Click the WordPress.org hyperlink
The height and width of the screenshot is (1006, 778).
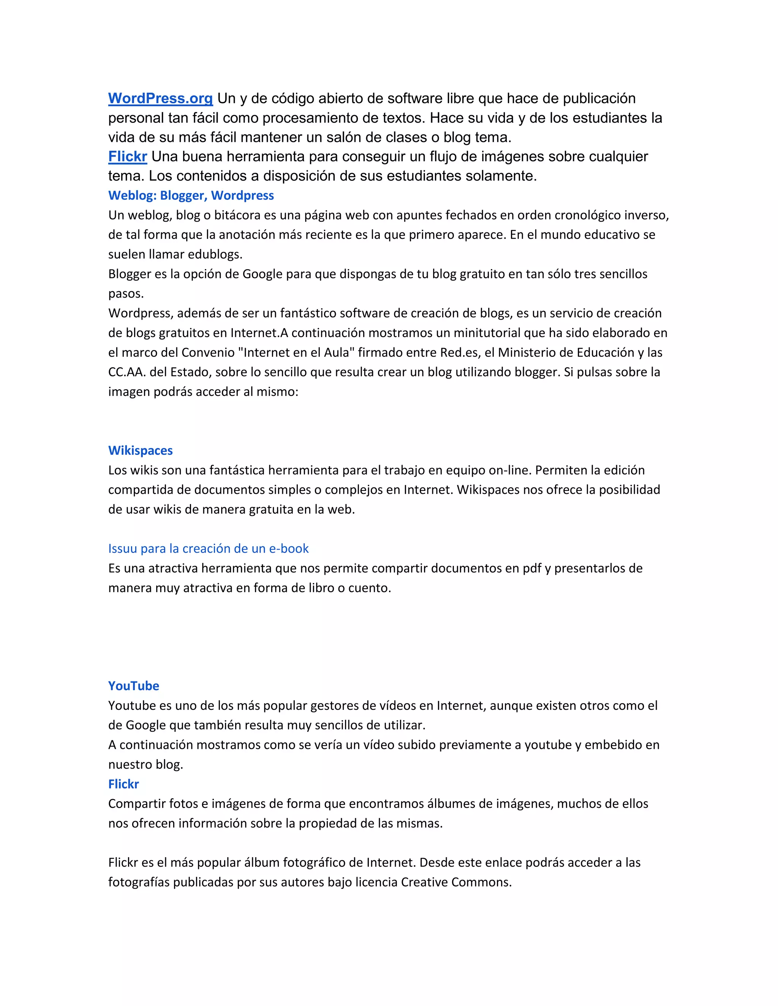160,99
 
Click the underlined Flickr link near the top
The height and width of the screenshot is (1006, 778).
128,157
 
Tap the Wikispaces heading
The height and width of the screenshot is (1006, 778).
141,451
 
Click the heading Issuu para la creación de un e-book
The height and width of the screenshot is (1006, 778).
208,549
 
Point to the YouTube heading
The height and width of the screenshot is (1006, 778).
134,686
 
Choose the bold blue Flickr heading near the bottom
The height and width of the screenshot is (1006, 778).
123,784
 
